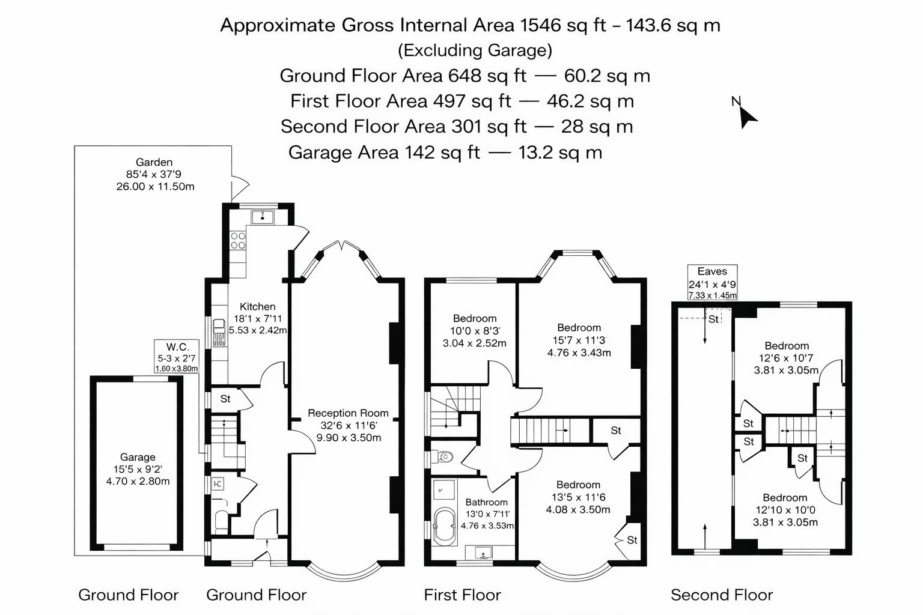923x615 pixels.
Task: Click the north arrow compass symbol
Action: (x=746, y=114)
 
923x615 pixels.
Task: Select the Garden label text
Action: (x=154, y=162)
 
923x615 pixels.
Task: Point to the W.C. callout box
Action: (x=177, y=357)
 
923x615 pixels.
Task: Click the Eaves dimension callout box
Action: (x=712, y=282)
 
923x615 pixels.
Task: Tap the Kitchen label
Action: (x=258, y=307)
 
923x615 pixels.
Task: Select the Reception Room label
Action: (x=348, y=413)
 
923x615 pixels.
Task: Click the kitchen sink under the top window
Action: (x=262, y=217)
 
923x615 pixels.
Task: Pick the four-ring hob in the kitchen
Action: (x=238, y=240)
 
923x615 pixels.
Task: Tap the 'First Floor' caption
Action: (x=462, y=595)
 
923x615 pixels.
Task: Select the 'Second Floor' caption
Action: (x=722, y=595)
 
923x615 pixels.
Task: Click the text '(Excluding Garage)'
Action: (x=475, y=50)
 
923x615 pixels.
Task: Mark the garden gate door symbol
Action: (x=240, y=183)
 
